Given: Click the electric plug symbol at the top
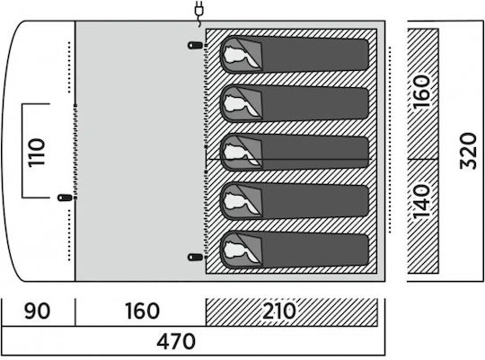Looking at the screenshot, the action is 199,13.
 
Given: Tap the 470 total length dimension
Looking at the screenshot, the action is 176,341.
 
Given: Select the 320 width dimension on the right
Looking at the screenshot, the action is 468,151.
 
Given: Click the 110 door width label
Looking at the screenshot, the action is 37,153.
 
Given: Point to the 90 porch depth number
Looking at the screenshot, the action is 37,311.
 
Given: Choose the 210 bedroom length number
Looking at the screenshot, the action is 279,311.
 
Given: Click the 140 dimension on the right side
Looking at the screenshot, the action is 422,201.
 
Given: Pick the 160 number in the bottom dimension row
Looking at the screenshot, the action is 142,311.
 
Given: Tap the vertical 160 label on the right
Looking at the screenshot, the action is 422,92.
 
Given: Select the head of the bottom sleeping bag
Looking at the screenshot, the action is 237,250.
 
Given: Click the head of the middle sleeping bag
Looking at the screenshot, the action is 237,153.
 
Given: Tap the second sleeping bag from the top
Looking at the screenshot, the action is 295,103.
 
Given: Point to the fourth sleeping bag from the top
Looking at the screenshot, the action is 295,201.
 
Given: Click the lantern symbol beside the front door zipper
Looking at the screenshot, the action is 65,198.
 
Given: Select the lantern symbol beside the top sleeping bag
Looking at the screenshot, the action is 196,46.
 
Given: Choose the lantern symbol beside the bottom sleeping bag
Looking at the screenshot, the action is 196,257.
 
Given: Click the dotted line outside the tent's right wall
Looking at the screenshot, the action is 390,140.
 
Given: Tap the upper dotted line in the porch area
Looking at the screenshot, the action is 69,67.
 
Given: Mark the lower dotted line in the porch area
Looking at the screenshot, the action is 69,235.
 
